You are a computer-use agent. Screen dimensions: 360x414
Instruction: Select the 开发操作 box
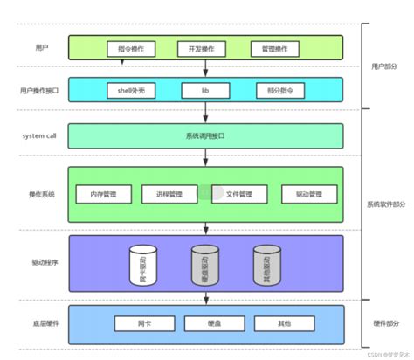click(198, 48)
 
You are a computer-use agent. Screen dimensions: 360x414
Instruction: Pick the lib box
click(205, 90)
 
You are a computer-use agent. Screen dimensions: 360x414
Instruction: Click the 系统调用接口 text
click(205, 135)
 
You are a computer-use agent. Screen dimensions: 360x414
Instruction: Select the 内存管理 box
click(103, 193)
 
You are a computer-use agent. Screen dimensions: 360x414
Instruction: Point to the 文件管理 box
click(239, 193)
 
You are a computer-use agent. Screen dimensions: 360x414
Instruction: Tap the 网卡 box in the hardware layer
click(141, 323)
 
